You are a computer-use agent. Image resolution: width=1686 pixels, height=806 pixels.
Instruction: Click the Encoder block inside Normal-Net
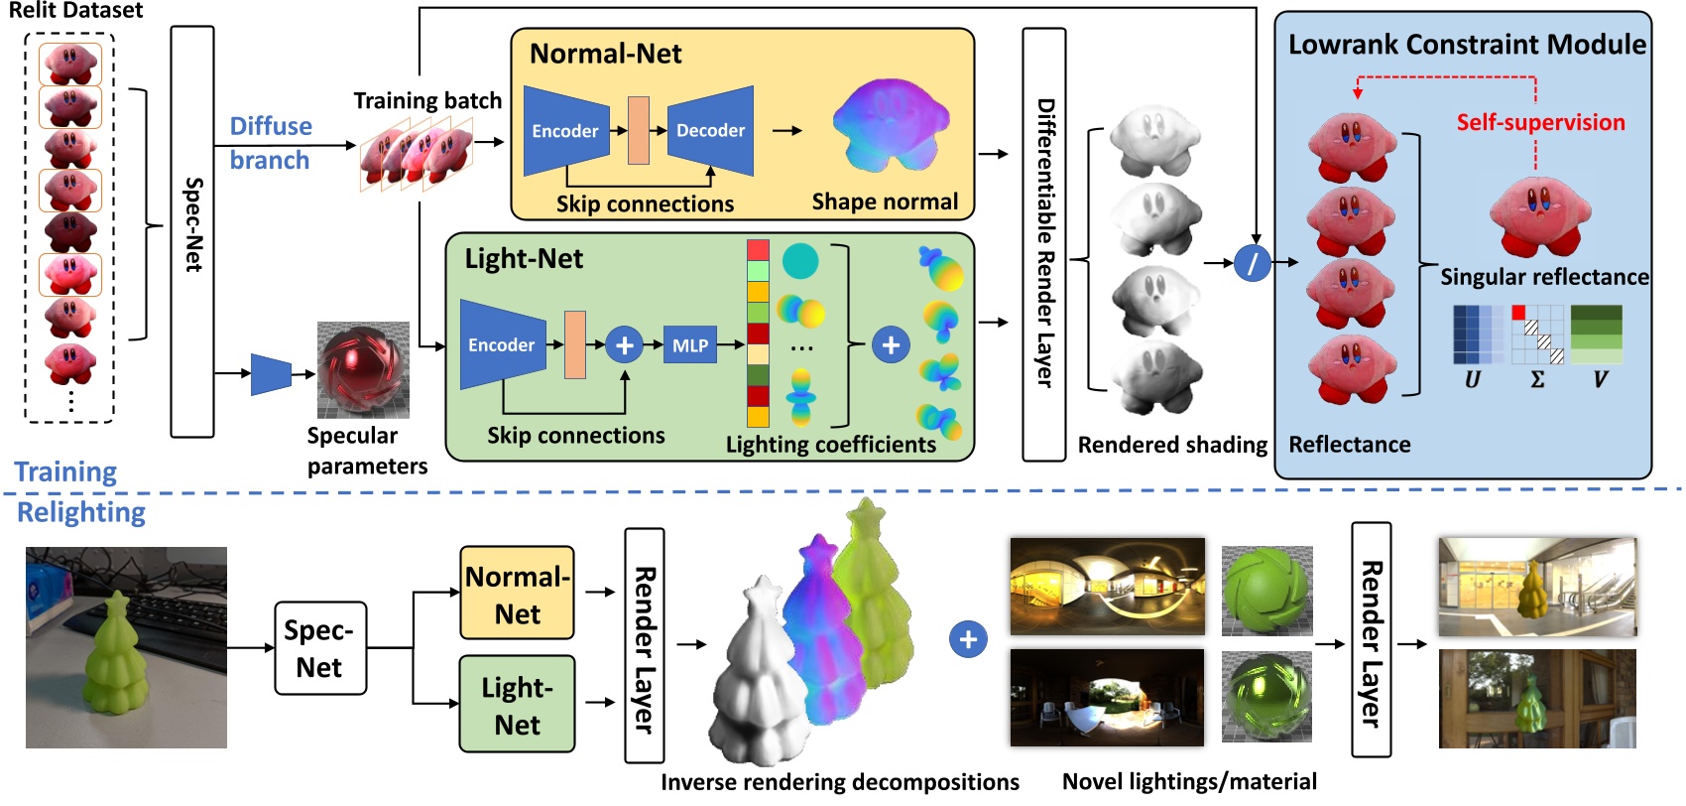pyautogui.click(x=564, y=131)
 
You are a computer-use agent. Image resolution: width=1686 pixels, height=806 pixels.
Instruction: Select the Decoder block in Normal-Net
pyautogui.click(x=710, y=130)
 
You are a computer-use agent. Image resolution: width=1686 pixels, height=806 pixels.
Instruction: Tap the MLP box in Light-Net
pyautogui.click(x=690, y=345)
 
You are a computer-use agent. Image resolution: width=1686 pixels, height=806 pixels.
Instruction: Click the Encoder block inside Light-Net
pyautogui.click(x=502, y=345)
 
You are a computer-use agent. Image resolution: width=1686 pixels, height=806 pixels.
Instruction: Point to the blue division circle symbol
pyautogui.click(x=1253, y=263)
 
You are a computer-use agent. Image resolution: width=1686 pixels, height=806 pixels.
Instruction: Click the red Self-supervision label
pyautogui.click(x=1540, y=122)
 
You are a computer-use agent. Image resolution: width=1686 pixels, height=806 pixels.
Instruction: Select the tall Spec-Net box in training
pyautogui.click(x=192, y=230)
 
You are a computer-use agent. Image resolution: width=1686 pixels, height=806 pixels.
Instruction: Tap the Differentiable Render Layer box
pyautogui.click(x=1044, y=243)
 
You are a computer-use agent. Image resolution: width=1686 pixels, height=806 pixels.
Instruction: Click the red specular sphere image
pyautogui.click(x=363, y=369)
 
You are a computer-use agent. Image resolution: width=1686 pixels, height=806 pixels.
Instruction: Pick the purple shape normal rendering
pyautogui.click(x=890, y=126)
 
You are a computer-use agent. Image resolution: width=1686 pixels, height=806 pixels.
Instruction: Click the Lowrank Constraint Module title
pyautogui.click(x=1466, y=45)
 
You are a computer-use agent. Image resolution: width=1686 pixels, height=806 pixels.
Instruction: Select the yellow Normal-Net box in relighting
pyautogui.click(x=517, y=594)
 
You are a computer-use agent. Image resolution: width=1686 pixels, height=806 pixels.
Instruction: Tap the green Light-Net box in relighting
pyautogui.click(x=517, y=705)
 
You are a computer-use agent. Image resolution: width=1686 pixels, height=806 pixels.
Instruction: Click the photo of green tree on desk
pyautogui.click(x=126, y=647)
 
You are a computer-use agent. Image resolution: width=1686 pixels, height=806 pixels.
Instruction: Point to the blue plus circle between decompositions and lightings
pyautogui.click(x=968, y=639)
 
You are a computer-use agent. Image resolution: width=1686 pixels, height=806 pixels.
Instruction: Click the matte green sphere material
pyautogui.click(x=1266, y=590)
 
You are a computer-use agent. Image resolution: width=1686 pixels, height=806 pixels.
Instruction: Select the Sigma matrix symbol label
pyautogui.click(x=1537, y=379)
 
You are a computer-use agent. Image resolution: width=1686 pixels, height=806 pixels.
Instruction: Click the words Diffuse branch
pyautogui.click(x=270, y=143)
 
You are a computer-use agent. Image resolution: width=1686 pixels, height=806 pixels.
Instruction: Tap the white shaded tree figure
pyautogui.click(x=759, y=675)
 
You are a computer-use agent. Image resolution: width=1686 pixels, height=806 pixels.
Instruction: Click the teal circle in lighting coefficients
pyautogui.click(x=800, y=260)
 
